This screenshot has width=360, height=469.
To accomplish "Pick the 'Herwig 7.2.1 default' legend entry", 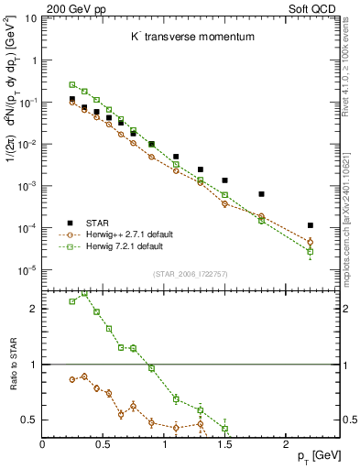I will coord(124,246).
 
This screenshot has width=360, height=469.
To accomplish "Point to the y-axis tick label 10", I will coord(29,18).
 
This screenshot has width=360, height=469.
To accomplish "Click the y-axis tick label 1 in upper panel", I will coord(34,60).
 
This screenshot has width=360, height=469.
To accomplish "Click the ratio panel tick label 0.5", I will coord(27,420).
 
